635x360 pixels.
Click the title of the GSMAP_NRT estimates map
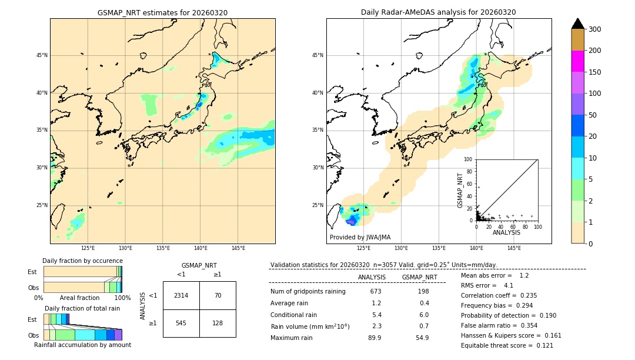point(162,12)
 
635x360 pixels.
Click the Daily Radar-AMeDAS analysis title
point(439,12)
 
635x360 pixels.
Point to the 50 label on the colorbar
point(596,115)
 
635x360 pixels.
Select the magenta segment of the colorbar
point(578,61)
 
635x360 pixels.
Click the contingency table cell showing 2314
point(181,295)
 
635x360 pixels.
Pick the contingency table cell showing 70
point(218,295)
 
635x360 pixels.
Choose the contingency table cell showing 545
point(181,323)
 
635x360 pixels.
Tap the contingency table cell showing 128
point(218,323)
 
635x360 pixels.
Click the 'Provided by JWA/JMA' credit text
point(360,238)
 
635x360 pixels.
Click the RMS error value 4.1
point(509,285)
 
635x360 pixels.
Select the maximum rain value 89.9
point(375,338)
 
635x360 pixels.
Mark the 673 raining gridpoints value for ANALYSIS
point(376,292)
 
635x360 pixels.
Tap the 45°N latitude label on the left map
point(41,55)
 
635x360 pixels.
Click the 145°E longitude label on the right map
point(514,248)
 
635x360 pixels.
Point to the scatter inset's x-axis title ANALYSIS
point(506,233)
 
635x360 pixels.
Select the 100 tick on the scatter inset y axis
point(469,159)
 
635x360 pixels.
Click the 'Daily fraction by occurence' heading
point(82,261)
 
